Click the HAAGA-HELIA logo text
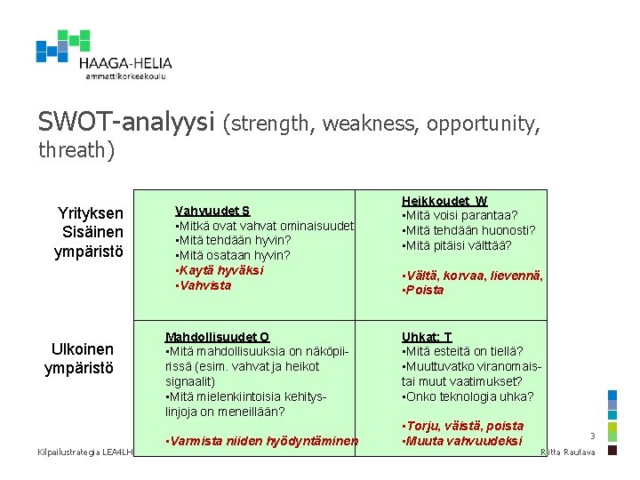tap(124, 63)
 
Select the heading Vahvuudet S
tap(212, 211)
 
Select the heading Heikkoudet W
tap(444, 201)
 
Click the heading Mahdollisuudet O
tap(217, 337)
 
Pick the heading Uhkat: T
tap(427, 337)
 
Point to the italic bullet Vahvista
tap(204, 285)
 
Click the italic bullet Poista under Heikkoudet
tap(424, 291)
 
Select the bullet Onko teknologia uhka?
tap(468, 396)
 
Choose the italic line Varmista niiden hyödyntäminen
tap(262, 441)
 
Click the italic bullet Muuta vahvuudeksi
tap(462, 441)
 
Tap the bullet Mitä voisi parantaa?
tap(460, 215)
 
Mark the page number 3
tap(592, 436)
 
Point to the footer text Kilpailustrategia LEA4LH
tap(84, 453)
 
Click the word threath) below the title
tap(76, 150)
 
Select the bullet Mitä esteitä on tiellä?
tap(462, 351)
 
